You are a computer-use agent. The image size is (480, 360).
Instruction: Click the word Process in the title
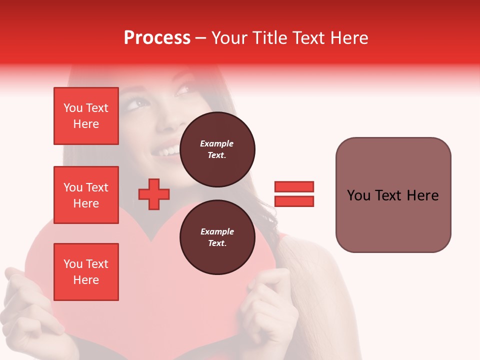pyautogui.click(x=157, y=38)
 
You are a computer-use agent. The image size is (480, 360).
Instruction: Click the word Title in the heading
pyautogui.click(x=268, y=38)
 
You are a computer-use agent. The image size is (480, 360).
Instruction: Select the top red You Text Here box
pyautogui.click(x=86, y=116)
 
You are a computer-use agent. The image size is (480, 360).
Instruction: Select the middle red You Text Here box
pyautogui.click(x=86, y=195)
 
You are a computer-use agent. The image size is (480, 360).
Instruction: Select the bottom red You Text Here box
pyautogui.click(x=86, y=272)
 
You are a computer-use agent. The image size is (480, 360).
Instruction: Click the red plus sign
pyautogui.click(x=154, y=194)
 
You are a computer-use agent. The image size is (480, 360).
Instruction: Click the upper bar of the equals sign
pyautogui.click(x=294, y=186)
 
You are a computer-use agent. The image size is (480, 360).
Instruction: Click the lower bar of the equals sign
pyautogui.click(x=294, y=201)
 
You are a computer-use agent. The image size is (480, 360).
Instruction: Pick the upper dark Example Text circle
pyautogui.click(x=217, y=149)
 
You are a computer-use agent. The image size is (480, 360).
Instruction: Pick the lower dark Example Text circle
pyautogui.click(x=217, y=237)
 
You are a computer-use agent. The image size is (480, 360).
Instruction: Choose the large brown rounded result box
pyautogui.click(x=393, y=195)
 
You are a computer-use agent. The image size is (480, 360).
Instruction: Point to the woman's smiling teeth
pyautogui.click(x=170, y=149)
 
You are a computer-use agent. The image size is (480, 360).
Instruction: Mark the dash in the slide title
pyautogui.click(x=200, y=38)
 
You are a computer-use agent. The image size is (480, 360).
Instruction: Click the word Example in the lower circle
pyautogui.click(x=217, y=231)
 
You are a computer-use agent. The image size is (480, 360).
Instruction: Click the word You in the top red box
pyautogui.click(x=73, y=108)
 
